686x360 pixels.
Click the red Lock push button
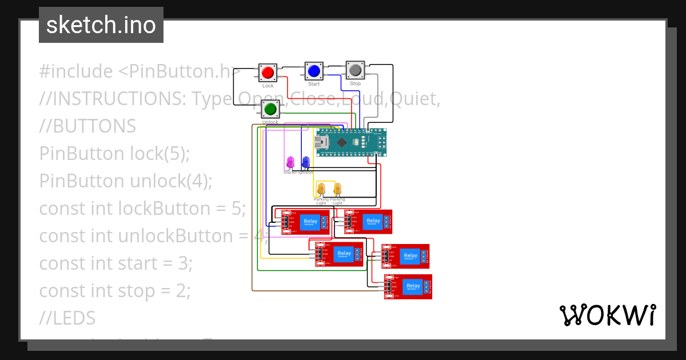coord(268,73)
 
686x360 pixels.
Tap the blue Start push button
coord(313,71)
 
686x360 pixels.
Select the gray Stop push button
coord(355,70)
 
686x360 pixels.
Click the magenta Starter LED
coord(290,163)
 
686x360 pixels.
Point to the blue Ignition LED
coord(305,163)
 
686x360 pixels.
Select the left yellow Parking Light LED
coord(321,189)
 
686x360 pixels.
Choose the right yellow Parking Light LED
coord(337,189)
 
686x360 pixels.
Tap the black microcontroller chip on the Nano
coord(341,142)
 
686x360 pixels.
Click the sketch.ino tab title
coord(101,25)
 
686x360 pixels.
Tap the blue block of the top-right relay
coord(373,221)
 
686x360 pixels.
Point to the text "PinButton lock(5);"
coord(114,154)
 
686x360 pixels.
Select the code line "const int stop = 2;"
coord(114,291)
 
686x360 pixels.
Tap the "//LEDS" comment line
coord(67,318)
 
